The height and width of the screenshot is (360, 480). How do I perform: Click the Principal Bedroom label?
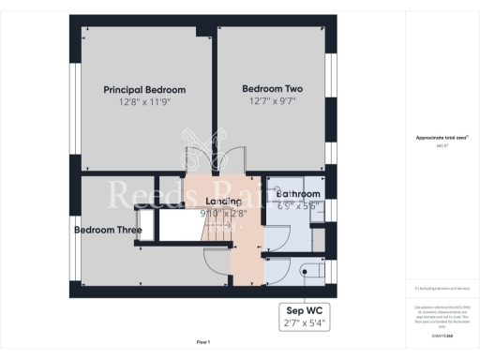point(144,89)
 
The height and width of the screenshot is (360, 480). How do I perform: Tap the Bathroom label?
point(298,194)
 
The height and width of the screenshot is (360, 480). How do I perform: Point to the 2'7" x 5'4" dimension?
point(308,323)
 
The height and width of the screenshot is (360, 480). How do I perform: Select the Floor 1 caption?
point(203,342)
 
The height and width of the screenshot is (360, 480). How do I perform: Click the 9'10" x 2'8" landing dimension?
point(223,213)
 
